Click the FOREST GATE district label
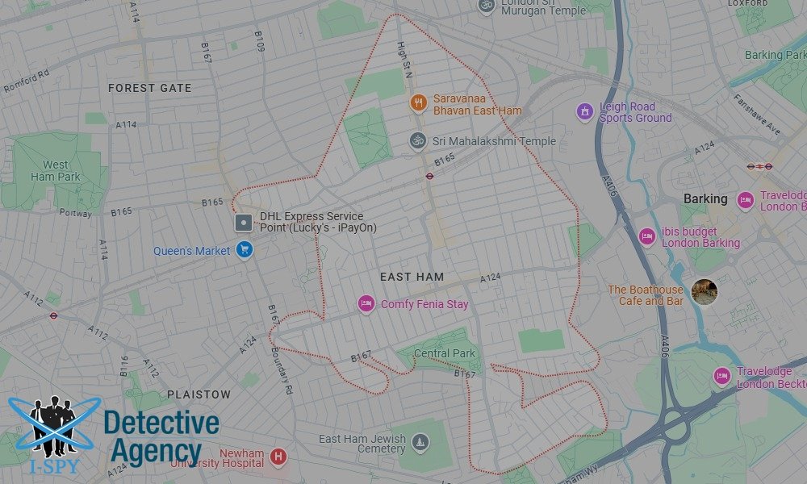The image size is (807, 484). coord(149,88)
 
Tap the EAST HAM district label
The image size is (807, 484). coord(412,277)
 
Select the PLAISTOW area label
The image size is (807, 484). coord(199,394)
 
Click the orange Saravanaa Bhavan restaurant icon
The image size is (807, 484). coord(417,102)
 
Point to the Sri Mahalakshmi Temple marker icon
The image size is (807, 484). coord(417,141)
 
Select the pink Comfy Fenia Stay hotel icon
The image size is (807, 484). coord(366,304)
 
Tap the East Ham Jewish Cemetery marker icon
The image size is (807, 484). coord(420,441)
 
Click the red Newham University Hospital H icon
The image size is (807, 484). coord(278,457)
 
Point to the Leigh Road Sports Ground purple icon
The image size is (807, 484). coord(584,111)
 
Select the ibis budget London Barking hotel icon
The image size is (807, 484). coord(646,236)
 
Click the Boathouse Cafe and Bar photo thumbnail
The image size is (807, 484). coord(704,292)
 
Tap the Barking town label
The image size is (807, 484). coord(705,198)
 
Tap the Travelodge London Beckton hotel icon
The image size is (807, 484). coord(721,376)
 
